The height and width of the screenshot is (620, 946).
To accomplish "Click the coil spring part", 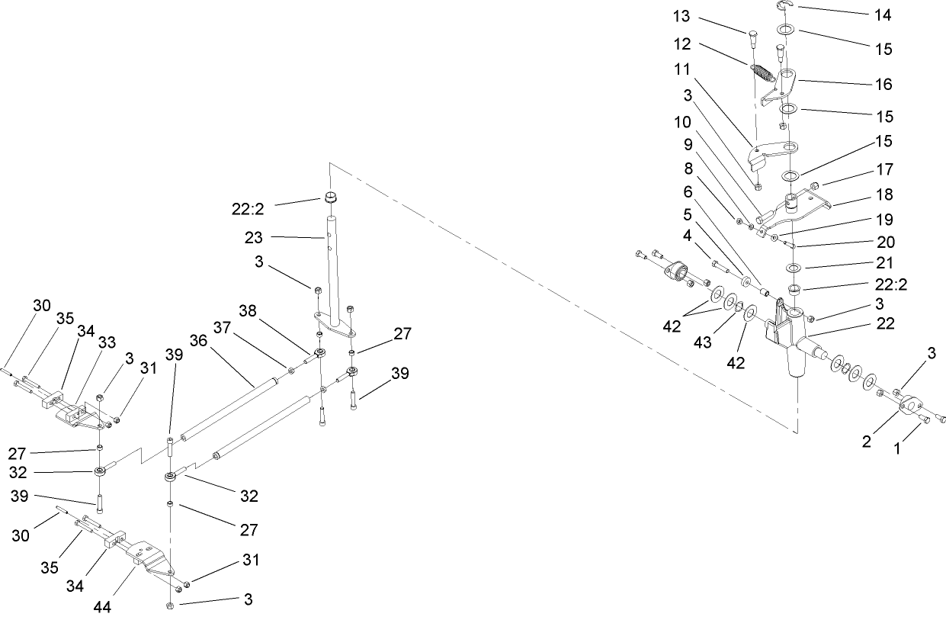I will coord(762,74).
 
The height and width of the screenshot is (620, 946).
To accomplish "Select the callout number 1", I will coord(897,451).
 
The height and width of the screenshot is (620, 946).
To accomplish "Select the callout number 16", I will coord(884,84).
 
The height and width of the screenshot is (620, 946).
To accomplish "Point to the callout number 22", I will coord(884,323).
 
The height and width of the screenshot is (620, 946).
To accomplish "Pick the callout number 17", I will coord(884,170).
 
